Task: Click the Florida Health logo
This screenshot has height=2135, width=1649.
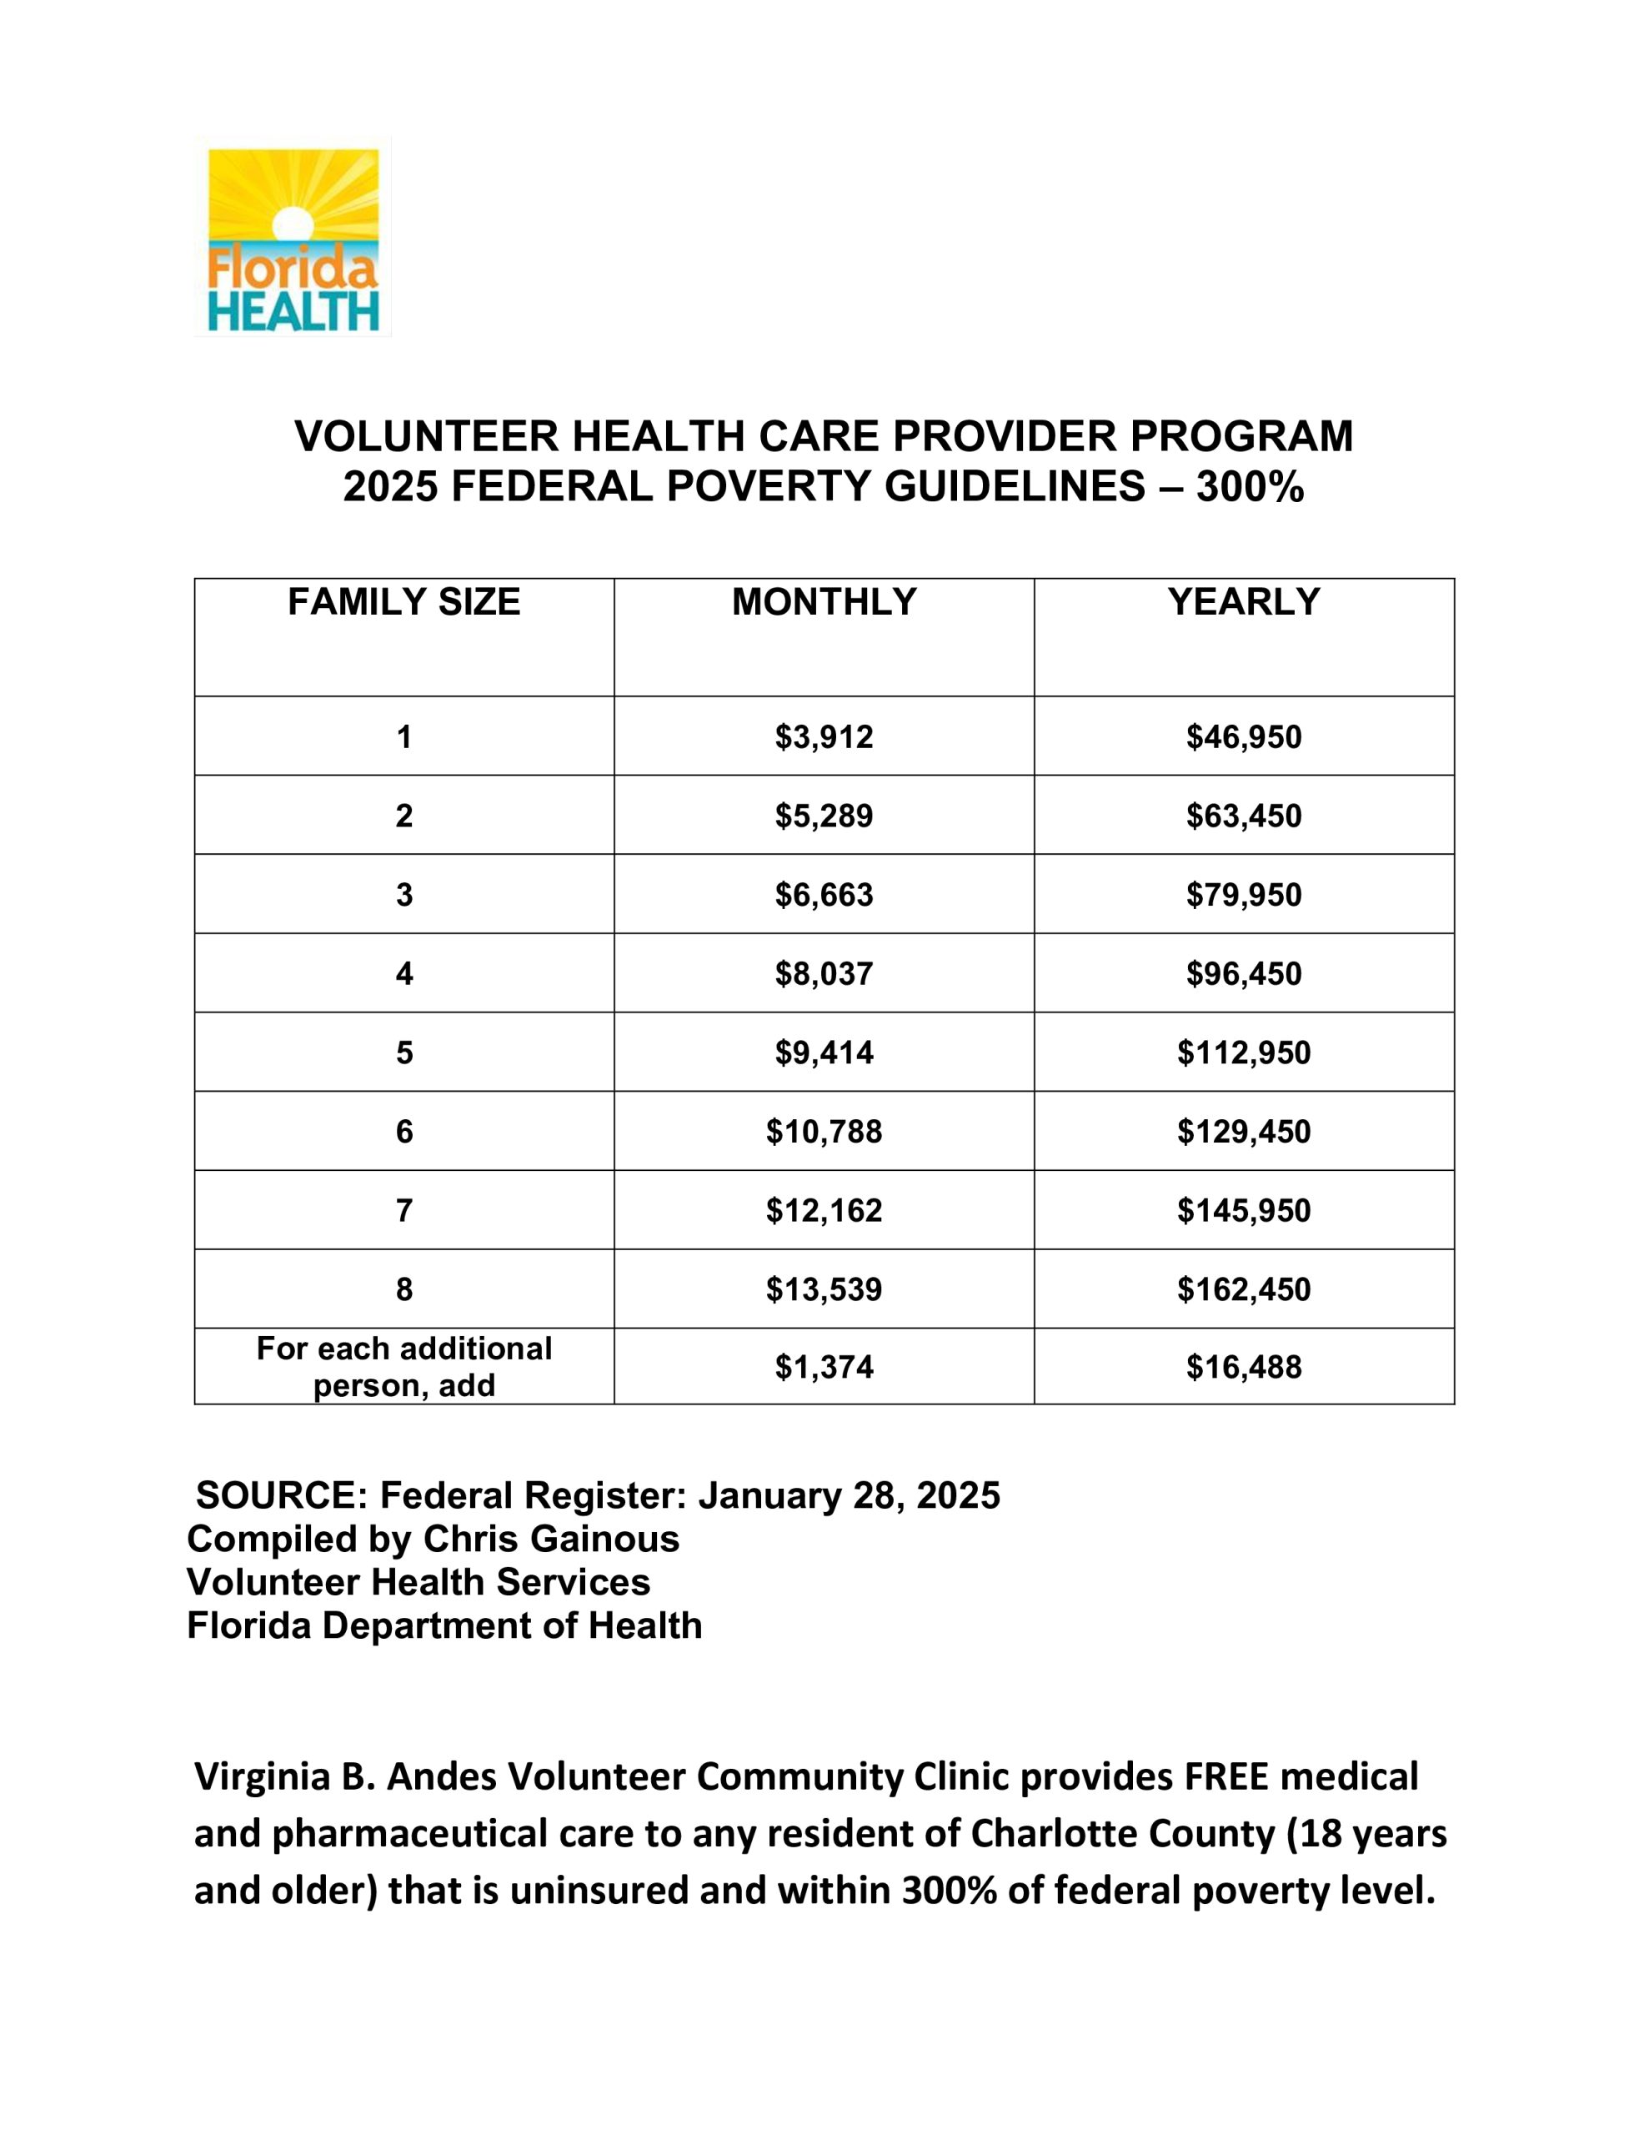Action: (293, 238)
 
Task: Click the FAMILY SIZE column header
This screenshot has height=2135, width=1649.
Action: (403, 602)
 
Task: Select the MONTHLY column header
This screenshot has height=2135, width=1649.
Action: (824, 602)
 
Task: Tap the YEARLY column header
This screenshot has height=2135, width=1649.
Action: (1243, 602)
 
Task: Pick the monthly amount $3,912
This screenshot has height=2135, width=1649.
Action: (824, 737)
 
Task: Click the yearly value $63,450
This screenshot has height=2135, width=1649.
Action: (1243, 816)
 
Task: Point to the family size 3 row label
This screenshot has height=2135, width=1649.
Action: (403, 896)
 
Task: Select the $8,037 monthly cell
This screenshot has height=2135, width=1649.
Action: (824, 973)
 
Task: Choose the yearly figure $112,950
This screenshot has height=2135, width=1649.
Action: (1243, 1052)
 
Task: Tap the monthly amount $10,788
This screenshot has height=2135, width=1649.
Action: (824, 1132)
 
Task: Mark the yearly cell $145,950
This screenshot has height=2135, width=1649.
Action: (1243, 1211)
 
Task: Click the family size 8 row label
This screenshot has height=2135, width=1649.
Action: (403, 1290)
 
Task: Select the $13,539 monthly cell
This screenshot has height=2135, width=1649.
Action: (824, 1290)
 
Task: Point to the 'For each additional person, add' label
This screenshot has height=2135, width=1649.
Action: (403, 1367)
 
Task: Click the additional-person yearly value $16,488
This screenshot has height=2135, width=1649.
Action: (1243, 1367)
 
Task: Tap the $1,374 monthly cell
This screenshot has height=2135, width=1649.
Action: (824, 1367)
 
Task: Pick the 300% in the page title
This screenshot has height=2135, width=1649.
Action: (1249, 487)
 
